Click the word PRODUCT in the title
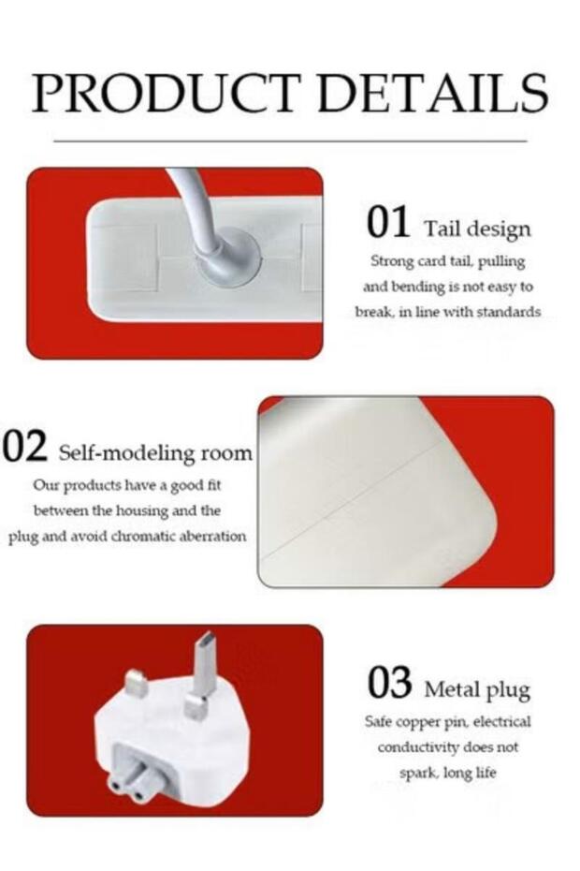(167, 92)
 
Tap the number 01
(388, 222)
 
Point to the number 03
(389, 683)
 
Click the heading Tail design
(477, 229)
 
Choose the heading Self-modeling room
(155, 452)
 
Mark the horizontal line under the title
(290, 141)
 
